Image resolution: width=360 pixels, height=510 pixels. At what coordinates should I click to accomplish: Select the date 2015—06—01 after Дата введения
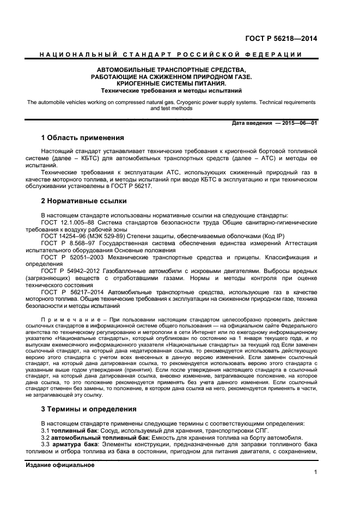298,123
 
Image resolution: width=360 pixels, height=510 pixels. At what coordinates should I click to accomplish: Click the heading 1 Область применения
83,137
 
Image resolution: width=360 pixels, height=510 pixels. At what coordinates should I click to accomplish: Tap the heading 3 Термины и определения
89,409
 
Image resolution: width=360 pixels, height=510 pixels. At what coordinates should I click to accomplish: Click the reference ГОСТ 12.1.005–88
68,223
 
